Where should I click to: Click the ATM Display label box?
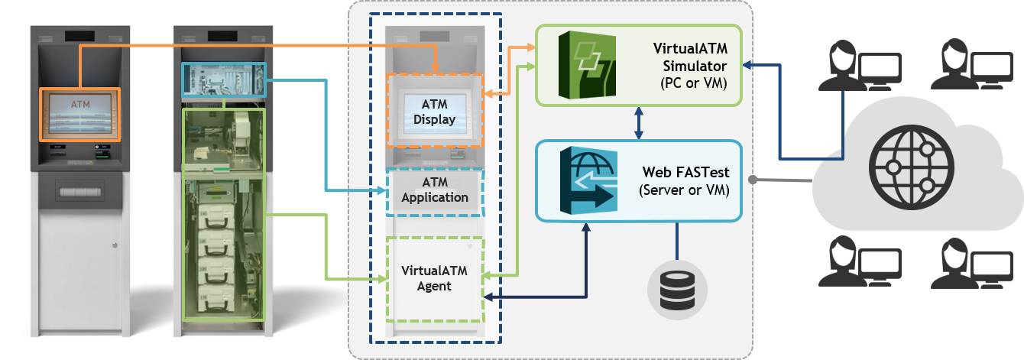(x=434, y=111)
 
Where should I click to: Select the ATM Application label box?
(x=434, y=190)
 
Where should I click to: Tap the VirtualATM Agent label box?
(x=435, y=279)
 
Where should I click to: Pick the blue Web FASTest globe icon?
(x=588, y=179)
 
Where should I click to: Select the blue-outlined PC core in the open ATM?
(x=222, y=79)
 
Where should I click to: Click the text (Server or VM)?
(x=684, y=189)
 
